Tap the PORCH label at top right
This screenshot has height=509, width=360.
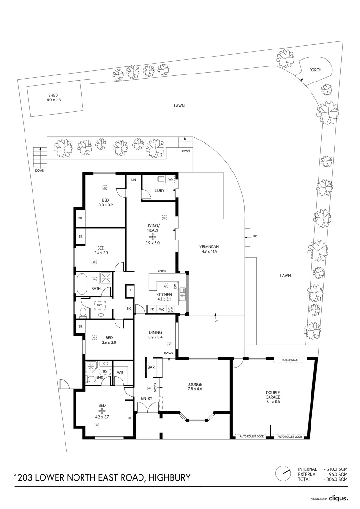(315, 70)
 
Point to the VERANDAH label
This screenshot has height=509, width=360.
(209, 246)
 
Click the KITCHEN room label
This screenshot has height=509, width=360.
(164, 294)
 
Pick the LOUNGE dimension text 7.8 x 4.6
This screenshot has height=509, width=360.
(194, 389)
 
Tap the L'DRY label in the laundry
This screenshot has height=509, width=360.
(159, 190)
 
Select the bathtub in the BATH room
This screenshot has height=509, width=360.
(81, 284)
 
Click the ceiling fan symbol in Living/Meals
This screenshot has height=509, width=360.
(153, 236)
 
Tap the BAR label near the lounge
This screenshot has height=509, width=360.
(151, 367)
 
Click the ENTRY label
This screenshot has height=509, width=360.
(147, 399)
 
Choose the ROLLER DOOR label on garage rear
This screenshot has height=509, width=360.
(290, 360)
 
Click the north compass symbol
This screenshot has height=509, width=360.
(284, 473)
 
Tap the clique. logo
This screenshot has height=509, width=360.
(338, 498)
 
